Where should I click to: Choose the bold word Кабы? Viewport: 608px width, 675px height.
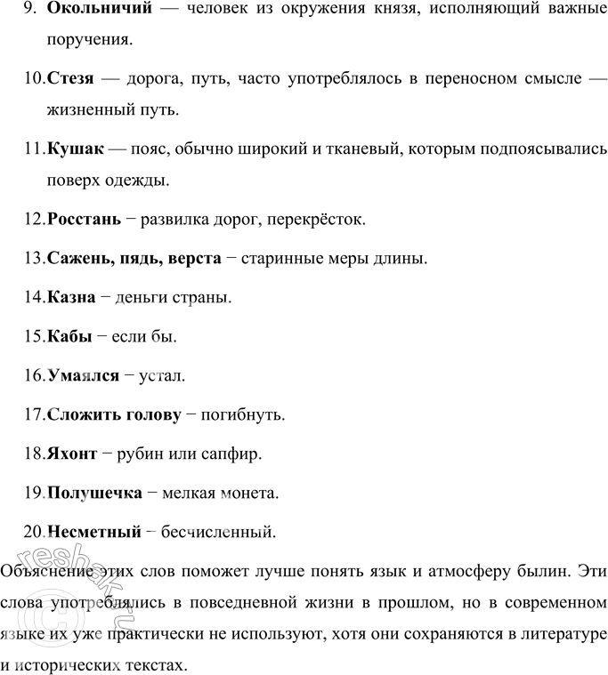69,336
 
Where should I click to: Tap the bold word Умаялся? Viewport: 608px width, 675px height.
83,376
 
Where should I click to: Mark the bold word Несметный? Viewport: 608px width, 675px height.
94,532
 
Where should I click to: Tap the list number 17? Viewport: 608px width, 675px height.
34,414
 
